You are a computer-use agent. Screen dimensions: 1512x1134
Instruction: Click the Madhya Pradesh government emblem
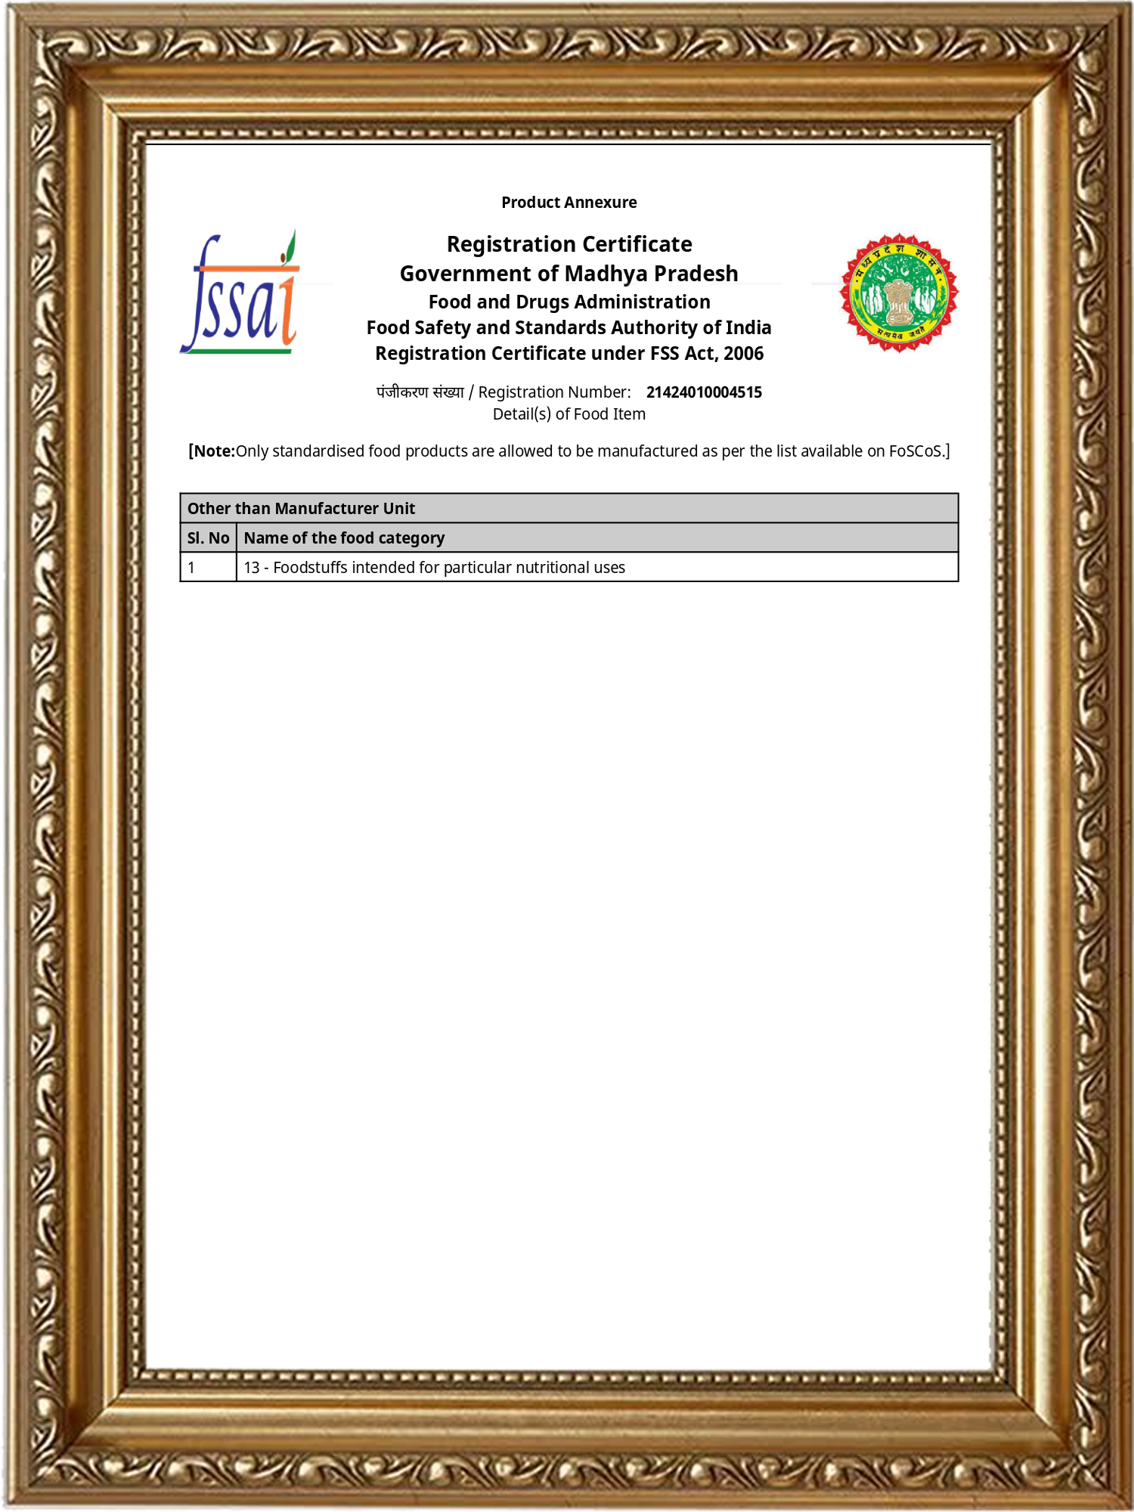[899, 293]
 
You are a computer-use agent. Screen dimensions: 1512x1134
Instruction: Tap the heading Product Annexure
[569, 203]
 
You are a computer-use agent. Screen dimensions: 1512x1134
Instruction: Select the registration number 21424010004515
[704, 392]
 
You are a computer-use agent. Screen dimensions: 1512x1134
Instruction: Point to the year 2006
[743, 354]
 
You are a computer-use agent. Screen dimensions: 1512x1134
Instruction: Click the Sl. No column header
[208, 538]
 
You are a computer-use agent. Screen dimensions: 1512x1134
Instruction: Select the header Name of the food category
[344, 538]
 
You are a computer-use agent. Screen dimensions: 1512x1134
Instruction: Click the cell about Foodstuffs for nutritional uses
[434, 568]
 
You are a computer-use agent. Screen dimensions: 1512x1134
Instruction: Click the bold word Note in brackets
[214, 451]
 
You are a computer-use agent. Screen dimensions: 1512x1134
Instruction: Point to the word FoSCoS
[915, 451]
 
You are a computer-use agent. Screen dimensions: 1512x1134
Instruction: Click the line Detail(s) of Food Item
[569, 414]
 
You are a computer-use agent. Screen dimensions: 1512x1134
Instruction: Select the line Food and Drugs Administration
[569, 302]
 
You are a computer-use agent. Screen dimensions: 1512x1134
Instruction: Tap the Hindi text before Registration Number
[420, 392]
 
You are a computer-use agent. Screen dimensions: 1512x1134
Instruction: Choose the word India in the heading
[748, 328]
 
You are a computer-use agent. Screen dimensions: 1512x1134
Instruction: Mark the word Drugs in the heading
[542, 302]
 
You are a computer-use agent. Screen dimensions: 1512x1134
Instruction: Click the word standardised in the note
[319, 451]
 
